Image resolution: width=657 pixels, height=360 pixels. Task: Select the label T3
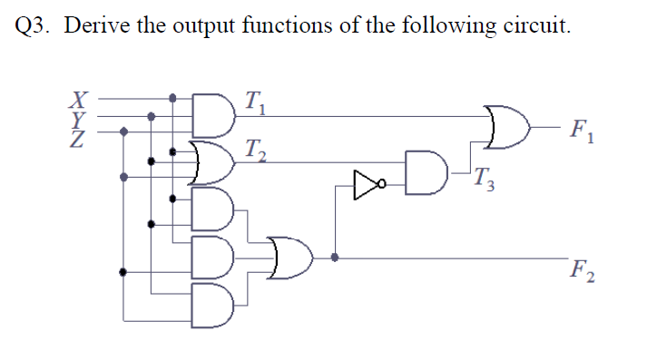[x=489, y=184]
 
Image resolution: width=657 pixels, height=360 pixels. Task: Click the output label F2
[x=581, y=269]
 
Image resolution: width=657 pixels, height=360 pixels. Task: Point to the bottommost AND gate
[x=209, y=305]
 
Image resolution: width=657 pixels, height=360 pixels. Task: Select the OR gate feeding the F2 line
[x=289, y=258]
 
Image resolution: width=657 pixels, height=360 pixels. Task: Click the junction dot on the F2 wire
[x=337, y=258]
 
